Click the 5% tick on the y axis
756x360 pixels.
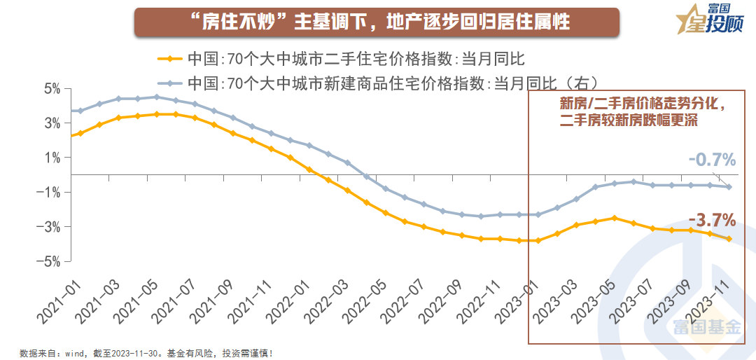(53, 89)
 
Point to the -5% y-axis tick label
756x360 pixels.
(51, 261)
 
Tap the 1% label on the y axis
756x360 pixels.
(53, 158)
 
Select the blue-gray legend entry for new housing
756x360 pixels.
(378, 83)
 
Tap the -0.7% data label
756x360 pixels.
(712, 160)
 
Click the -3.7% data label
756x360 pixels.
(712, 221)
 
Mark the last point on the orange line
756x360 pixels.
(729, 239)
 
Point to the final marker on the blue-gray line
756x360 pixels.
(729, 187)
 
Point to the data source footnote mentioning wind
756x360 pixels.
(146, 353)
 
